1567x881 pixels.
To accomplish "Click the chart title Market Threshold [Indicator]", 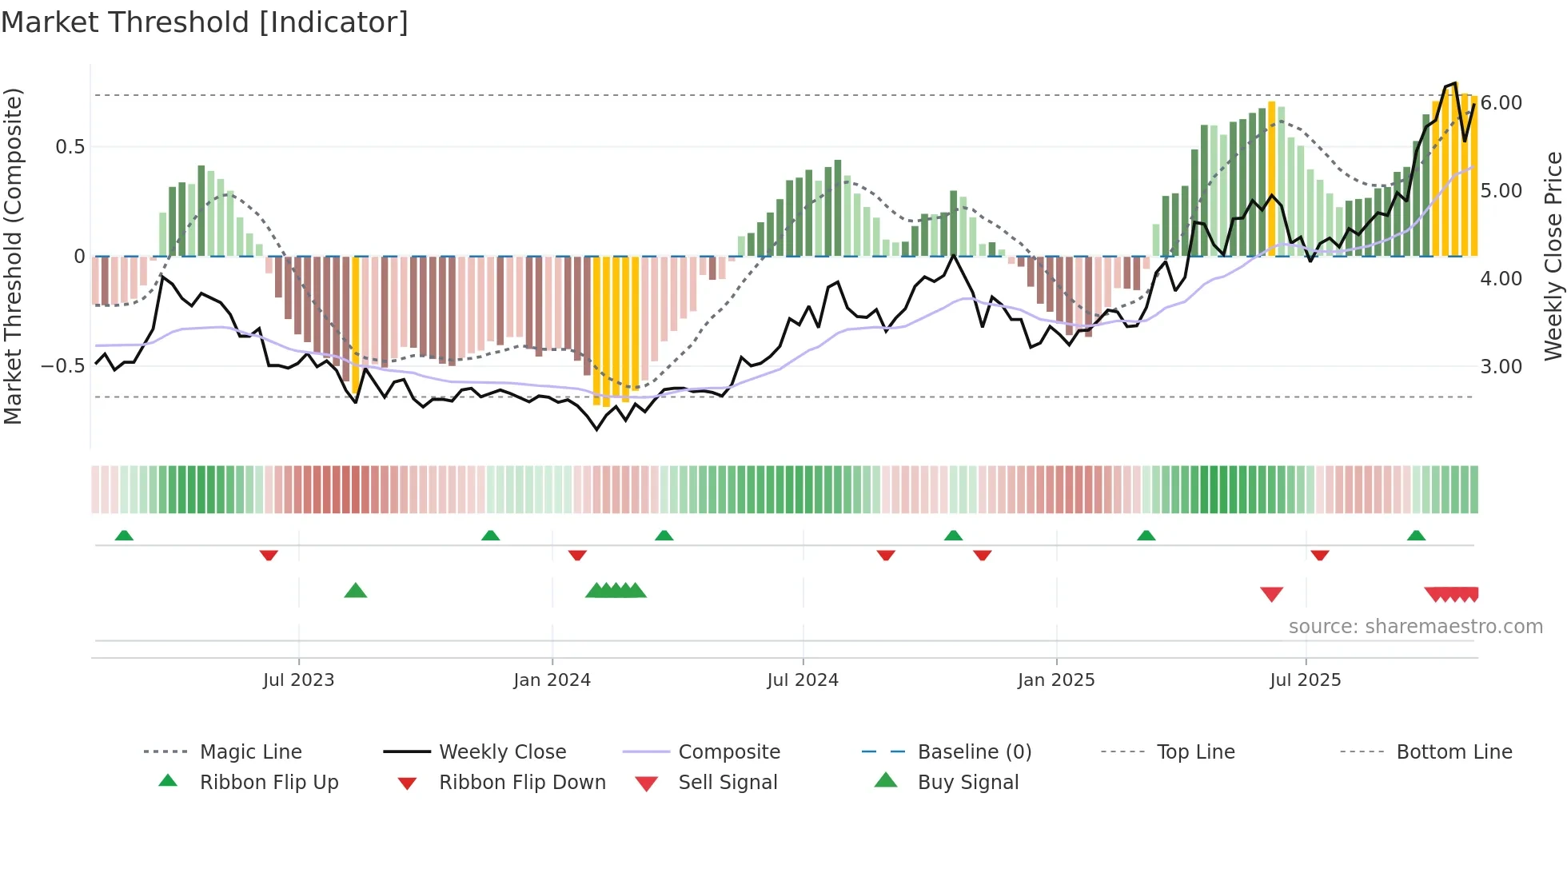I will [205, 22].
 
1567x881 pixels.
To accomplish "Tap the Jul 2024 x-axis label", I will [803, 680].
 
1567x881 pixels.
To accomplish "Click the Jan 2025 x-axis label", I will [1056, 680].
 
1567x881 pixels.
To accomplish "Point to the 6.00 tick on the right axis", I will [1501, 103].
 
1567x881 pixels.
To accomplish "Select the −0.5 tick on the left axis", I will [62, 366].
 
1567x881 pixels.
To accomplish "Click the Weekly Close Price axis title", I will [1553, 256].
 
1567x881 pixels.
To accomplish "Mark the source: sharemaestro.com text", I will [1415, 627].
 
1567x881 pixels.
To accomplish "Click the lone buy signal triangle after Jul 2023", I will [356, 591].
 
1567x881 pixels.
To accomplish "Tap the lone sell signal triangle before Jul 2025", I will [1271, 594].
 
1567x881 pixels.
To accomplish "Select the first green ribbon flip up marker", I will [124, 536].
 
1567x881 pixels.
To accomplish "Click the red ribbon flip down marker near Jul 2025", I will [1320, 555].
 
